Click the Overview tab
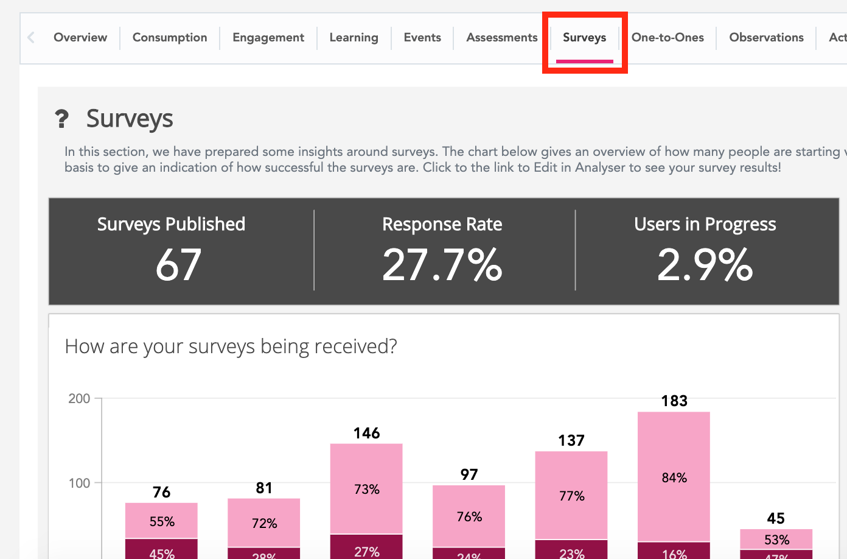[x=80, y=38]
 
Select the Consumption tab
[x=170, y=38]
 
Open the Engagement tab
[x=268, y=38]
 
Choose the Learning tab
[x=354, y=38]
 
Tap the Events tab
[x=422, y=38]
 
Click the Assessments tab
[x=502, y=38]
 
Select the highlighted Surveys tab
[x=584, y=38]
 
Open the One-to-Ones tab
[x=667, y=38]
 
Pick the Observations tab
[x=766, y=38]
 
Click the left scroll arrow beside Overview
[x=31, y=38]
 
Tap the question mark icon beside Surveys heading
[x=61, y=119]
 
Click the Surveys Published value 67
[x=178, y=265]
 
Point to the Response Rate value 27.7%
[x=442, y=265]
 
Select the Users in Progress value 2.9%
[x=705, y=265]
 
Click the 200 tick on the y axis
[x=79, y=399]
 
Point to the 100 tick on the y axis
[x=79, y=483]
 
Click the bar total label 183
[x=674, y=401]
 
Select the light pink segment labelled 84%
[x=674, y=477]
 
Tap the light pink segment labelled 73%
[x=366, y=488]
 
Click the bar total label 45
[x=776, y=519]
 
